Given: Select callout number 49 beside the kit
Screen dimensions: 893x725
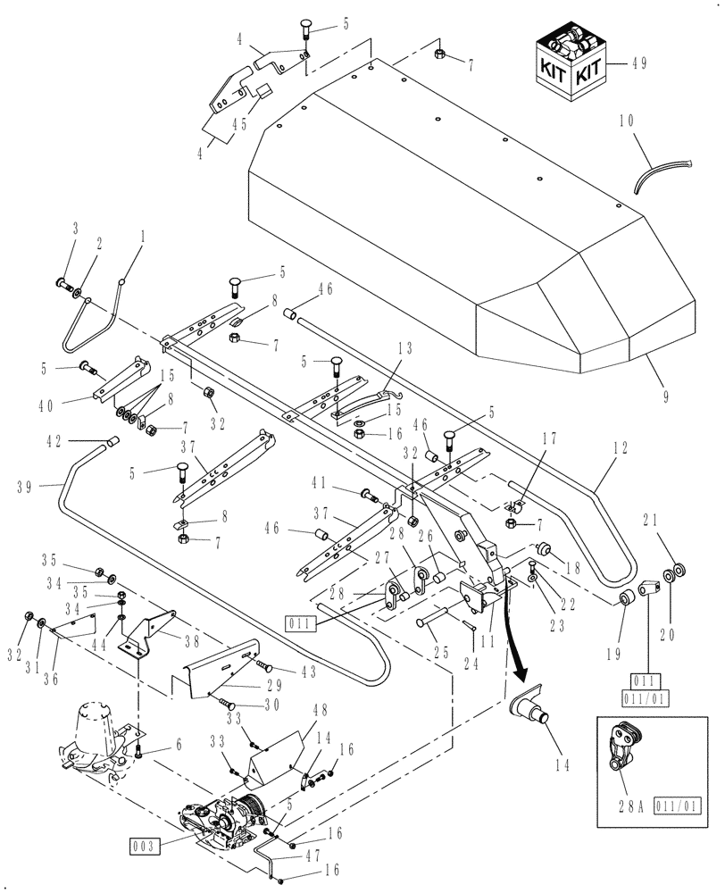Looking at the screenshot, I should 640,63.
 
